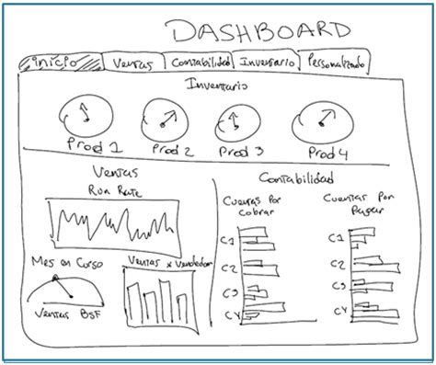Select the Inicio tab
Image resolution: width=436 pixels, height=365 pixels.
(56, 63)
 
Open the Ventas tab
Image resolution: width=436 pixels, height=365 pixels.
(132, 63)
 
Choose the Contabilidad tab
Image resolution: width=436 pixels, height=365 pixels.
(200, 63)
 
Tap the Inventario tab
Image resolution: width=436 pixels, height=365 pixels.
(267, 63)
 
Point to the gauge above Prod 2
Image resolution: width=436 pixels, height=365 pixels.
(166, 117)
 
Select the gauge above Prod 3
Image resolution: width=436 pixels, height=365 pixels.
(237, 119)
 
